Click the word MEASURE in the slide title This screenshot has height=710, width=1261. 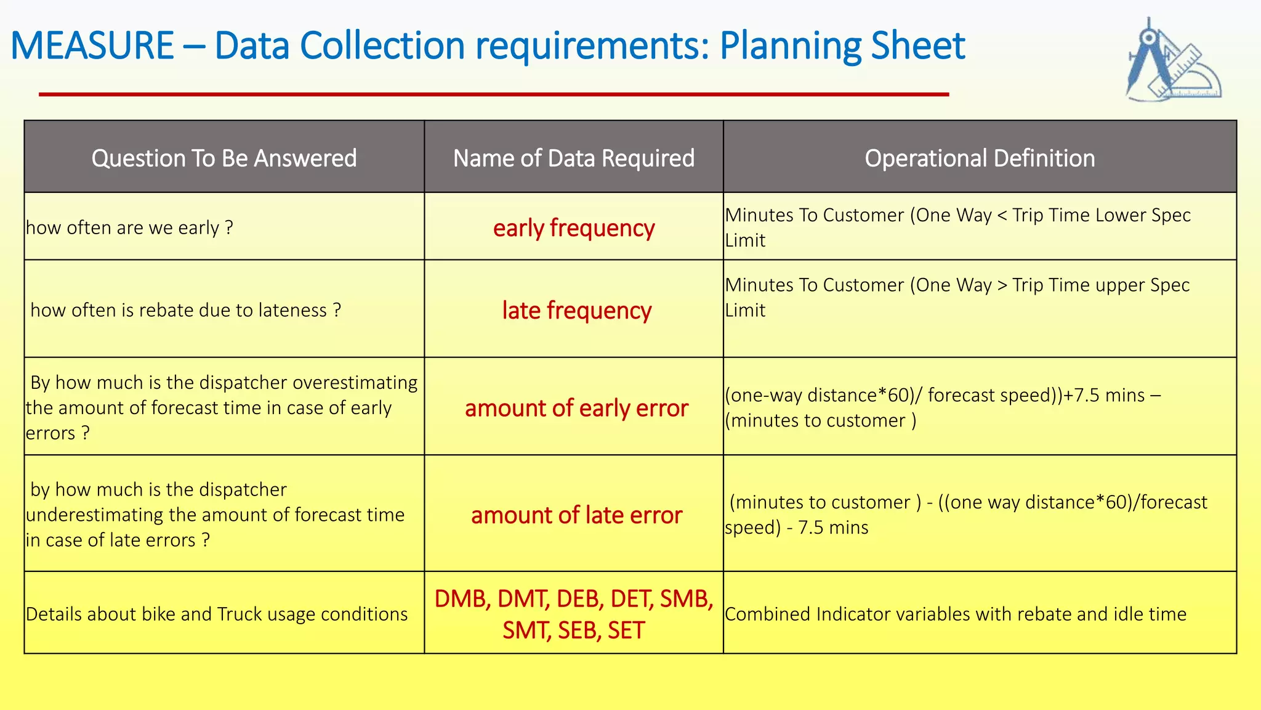click(x=92, y=46)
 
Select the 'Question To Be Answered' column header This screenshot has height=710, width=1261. click(x=224, y=158)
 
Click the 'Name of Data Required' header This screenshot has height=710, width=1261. click(x=574, y=158)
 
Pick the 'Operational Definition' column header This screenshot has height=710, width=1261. click(x=980, y=158)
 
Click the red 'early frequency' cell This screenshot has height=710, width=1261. click(x=574, y=228)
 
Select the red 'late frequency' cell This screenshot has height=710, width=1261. click(x=576, y=310)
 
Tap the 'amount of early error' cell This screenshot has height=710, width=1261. click(x=576, y=408)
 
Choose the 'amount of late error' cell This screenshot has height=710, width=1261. click(x=576, y=515)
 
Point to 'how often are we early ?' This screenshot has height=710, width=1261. click(x=129, y=228)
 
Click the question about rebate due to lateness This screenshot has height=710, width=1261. click(x=185, y=310)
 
